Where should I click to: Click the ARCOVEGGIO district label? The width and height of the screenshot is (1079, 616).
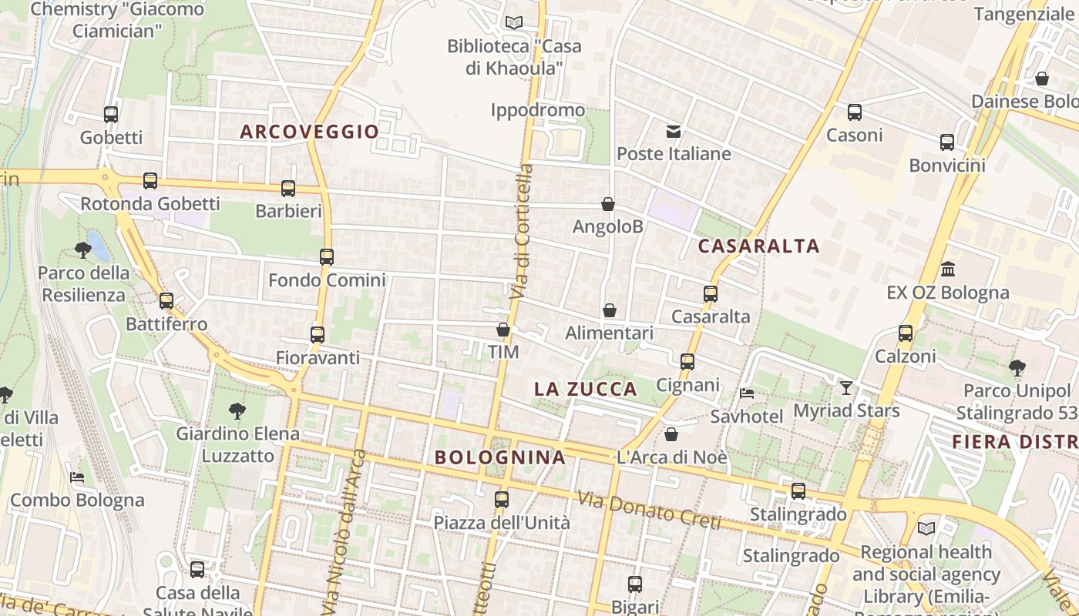tap(310, 132)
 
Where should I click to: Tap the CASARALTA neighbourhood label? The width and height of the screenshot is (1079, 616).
tap(758, 246)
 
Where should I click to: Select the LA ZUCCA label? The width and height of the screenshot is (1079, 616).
tap(586, 390)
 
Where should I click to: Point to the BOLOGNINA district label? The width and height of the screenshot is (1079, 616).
tap(500, 457)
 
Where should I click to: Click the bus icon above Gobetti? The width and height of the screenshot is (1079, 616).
tap(111, 115)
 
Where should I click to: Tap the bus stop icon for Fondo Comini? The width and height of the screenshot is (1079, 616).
tap(327, 257)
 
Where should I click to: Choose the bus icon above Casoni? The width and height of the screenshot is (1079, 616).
tap(854, 112)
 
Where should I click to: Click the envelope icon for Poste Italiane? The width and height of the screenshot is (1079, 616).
tap(674, 132)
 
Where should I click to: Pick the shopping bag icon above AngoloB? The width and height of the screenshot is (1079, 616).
tap(608, 204)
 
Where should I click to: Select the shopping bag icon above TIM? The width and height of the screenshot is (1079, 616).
tap(503, 330)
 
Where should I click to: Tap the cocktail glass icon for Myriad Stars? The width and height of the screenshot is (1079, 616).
tap(846, 387)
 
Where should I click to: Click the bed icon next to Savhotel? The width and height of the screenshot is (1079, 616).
tap(746, 393)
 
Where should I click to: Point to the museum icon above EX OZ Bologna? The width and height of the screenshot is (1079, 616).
tap(948, 269)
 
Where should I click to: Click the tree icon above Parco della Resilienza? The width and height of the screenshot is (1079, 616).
tap(83, 249)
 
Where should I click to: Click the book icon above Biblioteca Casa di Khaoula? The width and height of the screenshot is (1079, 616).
tap(514, 22)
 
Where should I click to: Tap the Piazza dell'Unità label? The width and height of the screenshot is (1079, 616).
tap(502, 523)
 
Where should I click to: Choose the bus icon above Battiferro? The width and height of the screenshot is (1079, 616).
tap(166, 301)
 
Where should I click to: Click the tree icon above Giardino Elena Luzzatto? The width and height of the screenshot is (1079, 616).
tap(237, 411)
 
